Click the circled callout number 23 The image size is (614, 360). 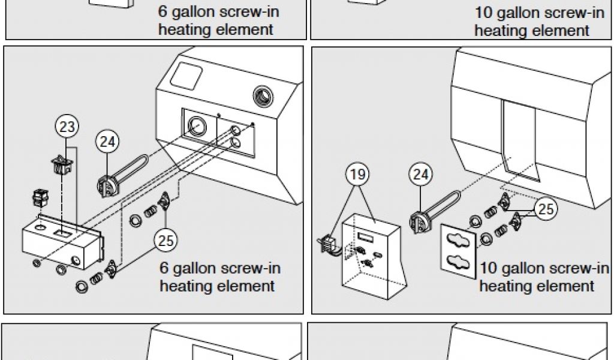tap(68, 127)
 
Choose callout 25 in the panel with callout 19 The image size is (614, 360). tap(544, 208)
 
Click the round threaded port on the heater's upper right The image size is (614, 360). tap(263, 95)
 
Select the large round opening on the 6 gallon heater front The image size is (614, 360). tap(195, 126)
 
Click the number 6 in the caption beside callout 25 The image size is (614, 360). tap(165, 268)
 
